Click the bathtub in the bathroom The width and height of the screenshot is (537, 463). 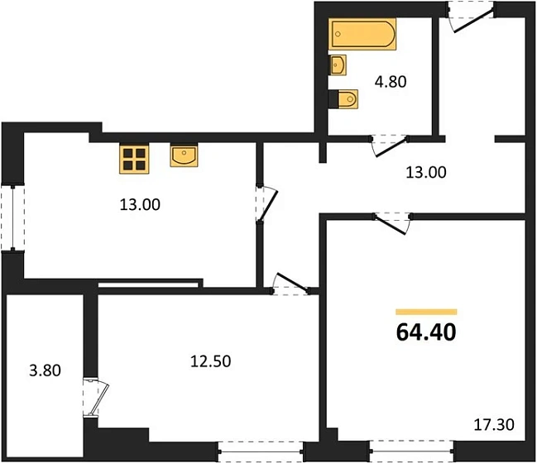point(362,36)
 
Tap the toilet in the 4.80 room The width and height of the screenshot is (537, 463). point(345,99)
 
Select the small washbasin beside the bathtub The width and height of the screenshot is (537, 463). point(337,64)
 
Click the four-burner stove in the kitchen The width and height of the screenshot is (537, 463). point(133,159)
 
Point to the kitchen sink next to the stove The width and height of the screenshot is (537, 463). point(184,155)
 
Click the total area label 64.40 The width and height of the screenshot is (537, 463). point(425,332)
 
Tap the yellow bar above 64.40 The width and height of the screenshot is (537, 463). point(425,312)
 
